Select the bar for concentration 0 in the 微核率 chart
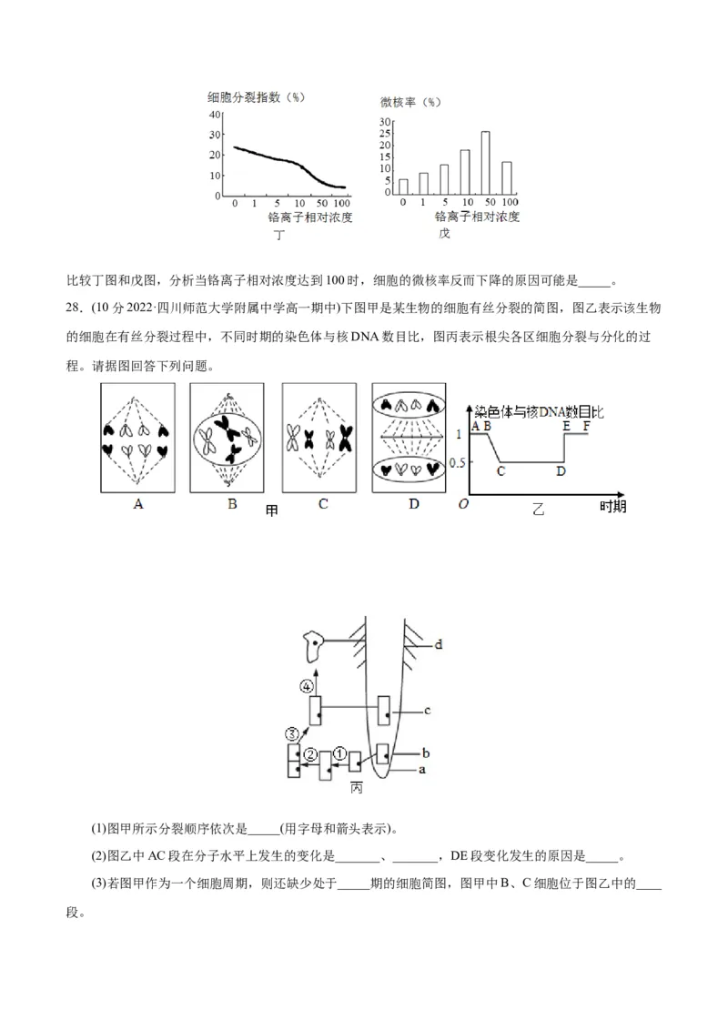[x=403, y=187]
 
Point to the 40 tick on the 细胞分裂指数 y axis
[x=215, y=115]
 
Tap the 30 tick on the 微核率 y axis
[x=384, y=122]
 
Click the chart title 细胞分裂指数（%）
[x=254, y=96]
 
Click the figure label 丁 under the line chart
[x=279, y=236]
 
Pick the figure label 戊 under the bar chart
[x=444, y=234]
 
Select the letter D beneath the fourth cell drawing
[x=414, y=503]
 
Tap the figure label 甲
[x=271, y=510]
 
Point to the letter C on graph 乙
[x=500, y=471]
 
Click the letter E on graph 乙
[x=566, y=425]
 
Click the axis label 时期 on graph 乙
[x=612, y=507]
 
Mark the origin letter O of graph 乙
[x=463, y=505]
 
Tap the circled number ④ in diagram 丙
[x=308, y=685]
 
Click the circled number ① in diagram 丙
[x=339, y=752]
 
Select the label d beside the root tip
[x=438, y=644]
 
